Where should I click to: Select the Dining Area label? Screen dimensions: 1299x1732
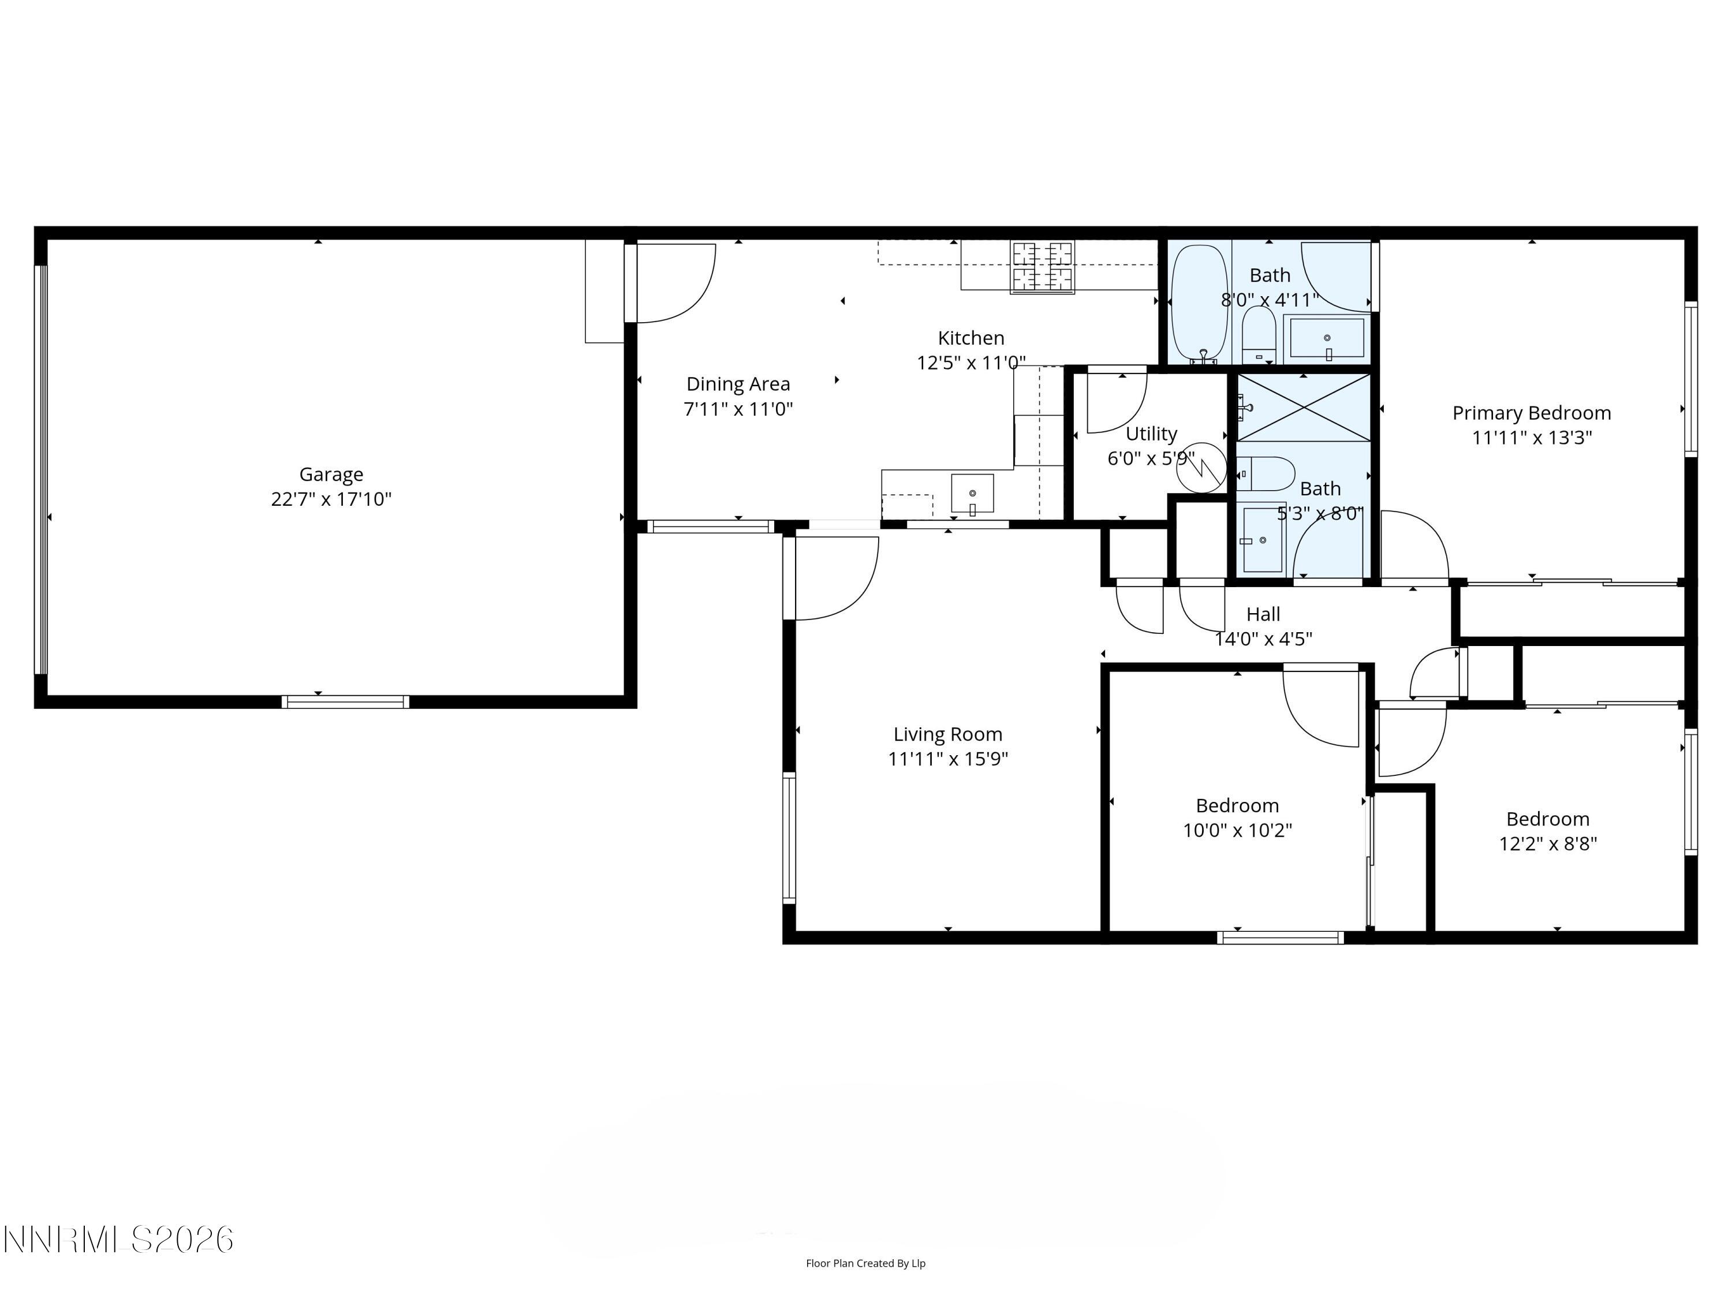click(x=738, y=384)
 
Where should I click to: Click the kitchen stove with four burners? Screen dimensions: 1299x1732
click(x=1042, y=267)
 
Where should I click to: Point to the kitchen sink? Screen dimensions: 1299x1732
click(x=972, y=493)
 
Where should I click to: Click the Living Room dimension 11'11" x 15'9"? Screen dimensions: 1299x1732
click(x=947, y=758)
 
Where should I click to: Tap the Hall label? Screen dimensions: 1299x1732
click(x=1263, y=614)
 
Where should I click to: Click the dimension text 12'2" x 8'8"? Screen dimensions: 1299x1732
click(x=1547, y=843)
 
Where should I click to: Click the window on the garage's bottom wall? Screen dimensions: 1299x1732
click(x=345, y=701)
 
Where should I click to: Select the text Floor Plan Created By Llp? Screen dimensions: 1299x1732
click(x=865, y=1263)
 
